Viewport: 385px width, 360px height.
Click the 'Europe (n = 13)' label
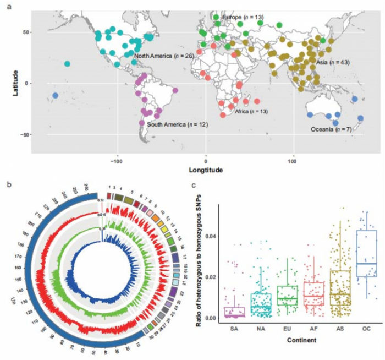coord(243,18)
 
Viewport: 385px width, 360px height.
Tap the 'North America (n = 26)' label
coord(164,56)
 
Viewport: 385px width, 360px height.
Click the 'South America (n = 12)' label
coord(177,125)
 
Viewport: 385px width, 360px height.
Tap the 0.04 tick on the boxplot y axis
coord(210,236)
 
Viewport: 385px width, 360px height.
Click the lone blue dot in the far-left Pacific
coord(55,96)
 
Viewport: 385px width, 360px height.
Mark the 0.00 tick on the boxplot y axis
coord(210,318)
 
